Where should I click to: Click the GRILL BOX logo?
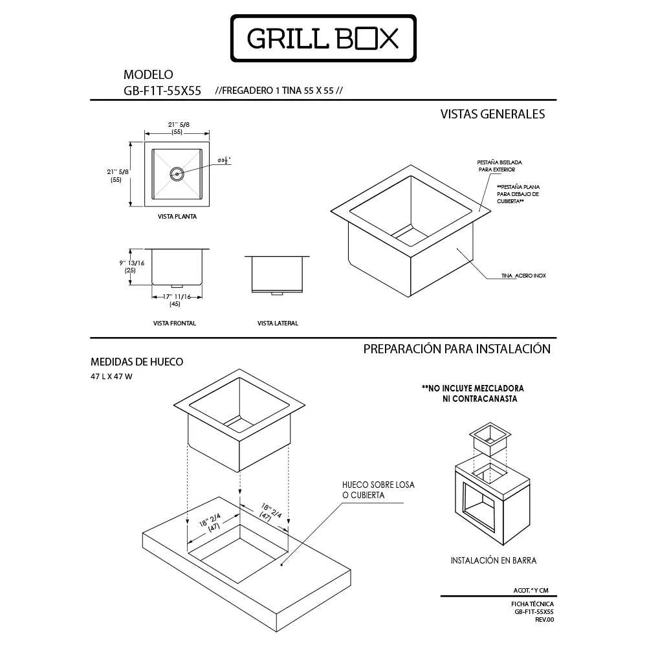pyautogui.click(x=323, y=39)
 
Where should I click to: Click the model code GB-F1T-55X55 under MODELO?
pyautogui.click(x=162, y=91)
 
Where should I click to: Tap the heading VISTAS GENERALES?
pyautogui.click(x=492, y=115)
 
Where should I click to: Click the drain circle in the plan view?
pyautogui.click(x=177, y=173)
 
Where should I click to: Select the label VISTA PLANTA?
pyautogui.click(x=177, y=217)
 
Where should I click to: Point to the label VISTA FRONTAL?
pyautogui.click(x=175, y=323)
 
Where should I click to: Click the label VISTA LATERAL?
pyautogui.click(x=278, y=323)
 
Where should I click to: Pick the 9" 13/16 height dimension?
pyautogui.click(x=131, y=263)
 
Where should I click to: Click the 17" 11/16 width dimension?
pyautogui.click(x=175, y=297)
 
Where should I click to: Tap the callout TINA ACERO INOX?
pyautogui.click(x=523, y=275)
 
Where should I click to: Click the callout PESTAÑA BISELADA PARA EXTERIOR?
pyautogui.click(x=500, y=166)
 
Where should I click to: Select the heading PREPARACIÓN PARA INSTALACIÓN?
pyautogui.click(x=457, y=349)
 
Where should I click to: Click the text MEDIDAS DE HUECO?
pyautogui.click(x=137, y=362)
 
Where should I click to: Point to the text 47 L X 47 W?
pyautogui.click(x=111, y=376)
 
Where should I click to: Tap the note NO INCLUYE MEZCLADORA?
pyautogui.click(x=472, y=389)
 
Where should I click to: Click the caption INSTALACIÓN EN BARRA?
pyautogui.click(x=494, y=560)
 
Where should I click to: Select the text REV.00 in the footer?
pyautogui.click(x=544, y=619)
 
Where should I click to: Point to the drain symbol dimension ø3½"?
pyautogui.click(x=225, y=160)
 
